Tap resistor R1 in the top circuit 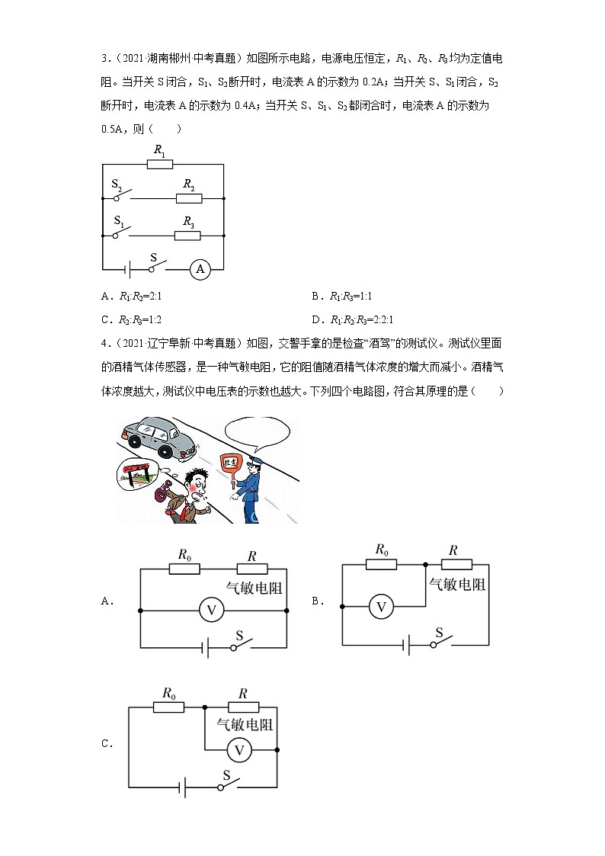(x=160, y=164)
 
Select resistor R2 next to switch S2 (x=189, y=198)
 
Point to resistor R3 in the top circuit (x=187, y=236)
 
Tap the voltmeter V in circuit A (x=213, y=610)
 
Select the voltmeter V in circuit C (x=239, y=750)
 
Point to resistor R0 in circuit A (x=184, y=569)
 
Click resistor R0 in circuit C (x=168, y=707)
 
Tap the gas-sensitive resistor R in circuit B (x=456, y=564)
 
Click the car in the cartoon (x=159, y=436)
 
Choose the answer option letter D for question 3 (x=316, y=319)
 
